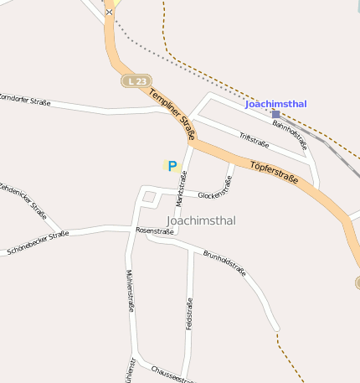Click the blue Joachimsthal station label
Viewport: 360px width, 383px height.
tap(275, 104)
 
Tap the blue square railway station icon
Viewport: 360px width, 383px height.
tap(276, 115)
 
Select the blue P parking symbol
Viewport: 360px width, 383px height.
tap(172, 166)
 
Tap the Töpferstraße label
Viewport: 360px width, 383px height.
tap(274, 178)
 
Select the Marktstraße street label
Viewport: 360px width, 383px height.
tap(182, 189)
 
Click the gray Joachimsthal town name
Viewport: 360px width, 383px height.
tap(202, 220)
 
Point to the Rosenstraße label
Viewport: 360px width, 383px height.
tap(154, 230)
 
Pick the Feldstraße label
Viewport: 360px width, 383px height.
tap(190, 313)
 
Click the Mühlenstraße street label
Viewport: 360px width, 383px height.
tap(130, 290)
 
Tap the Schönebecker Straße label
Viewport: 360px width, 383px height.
tap(38, 242)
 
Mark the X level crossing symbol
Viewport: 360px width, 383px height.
tap(110, 13)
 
